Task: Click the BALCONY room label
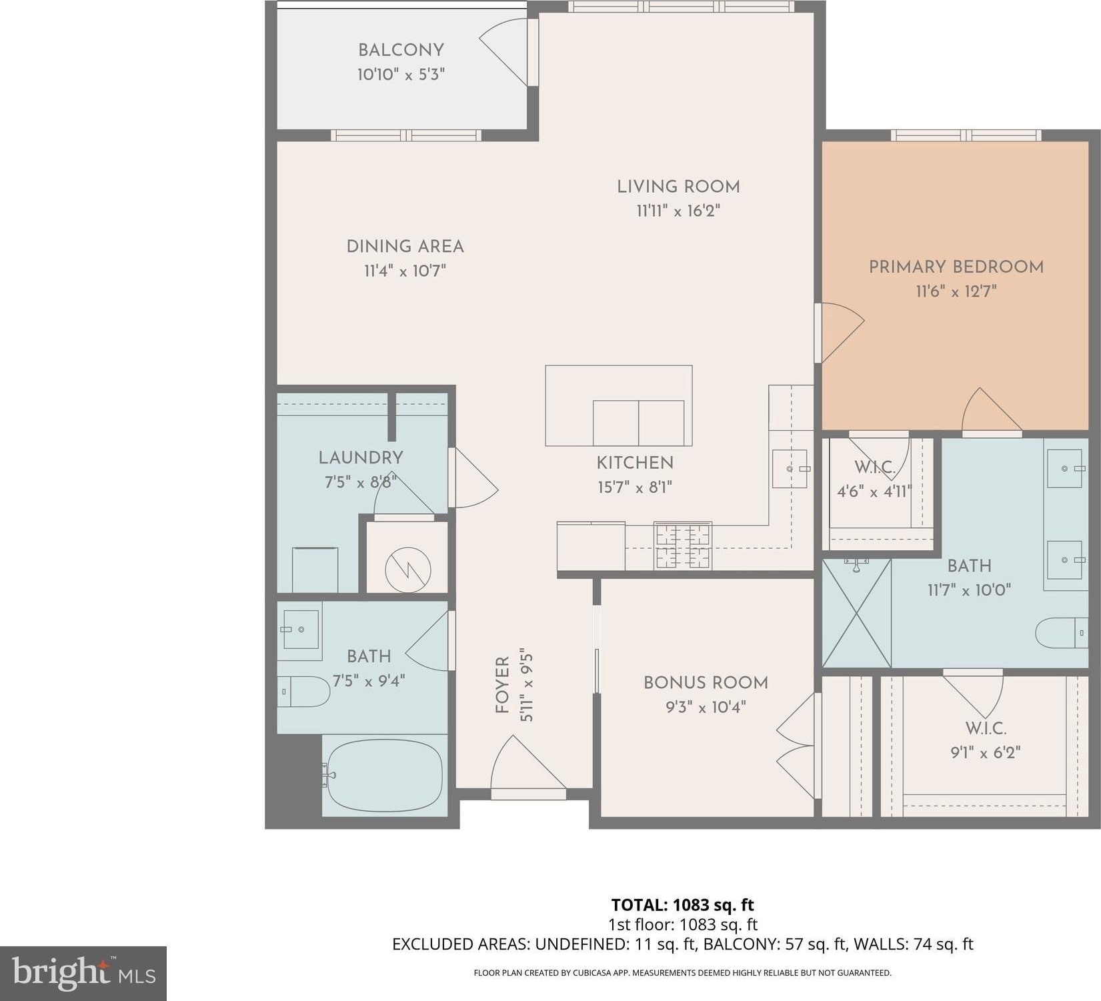[x=401, y=50]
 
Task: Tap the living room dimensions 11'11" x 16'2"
[x=678, y=211]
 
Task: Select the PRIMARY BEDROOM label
[x=956, y=267]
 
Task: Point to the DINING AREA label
[x=405, y=246]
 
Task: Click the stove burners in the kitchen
[x=683, y=546]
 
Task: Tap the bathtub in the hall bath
[x=384, y=776]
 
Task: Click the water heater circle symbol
[x=407, y=570]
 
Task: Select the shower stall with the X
[x=857, y=613]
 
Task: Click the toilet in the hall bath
[x=304, y=692]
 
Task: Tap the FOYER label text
[x=502, y=684]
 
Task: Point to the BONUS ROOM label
[x=706, y=682]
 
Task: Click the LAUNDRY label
[x=361, y=457]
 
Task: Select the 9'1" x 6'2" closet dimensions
[x=986, y=752]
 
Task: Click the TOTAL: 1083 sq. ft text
[x=683, y=905]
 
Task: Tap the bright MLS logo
[x=83, y=973]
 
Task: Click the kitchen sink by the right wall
[x=790, y=469]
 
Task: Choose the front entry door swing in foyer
[x=528, y=764]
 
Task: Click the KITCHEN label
[x=635, y=462]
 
